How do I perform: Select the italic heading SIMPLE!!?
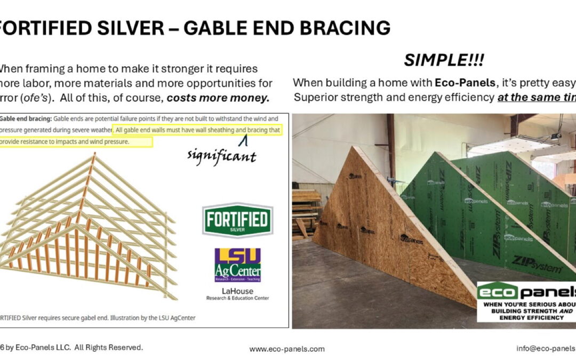tap(444, 61)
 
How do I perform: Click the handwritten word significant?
tap(221, 156)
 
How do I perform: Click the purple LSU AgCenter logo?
tap(237, 265)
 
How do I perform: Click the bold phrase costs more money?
tap(218, 98)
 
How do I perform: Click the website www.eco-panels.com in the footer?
tap(287, 349)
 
